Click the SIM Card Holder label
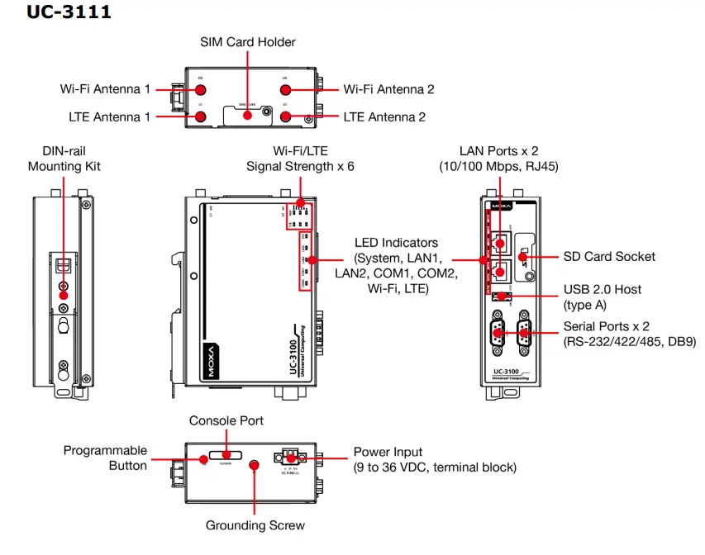click(248, 42)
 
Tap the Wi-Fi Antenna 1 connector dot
click(201, 89)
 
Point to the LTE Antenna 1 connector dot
click(201, 117)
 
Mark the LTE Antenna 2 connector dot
click(286, 117)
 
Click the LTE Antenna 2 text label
click(384, 117)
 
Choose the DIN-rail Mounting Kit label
click(64, 159)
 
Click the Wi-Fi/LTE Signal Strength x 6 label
click(300, 159)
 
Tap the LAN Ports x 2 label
click(498, 159)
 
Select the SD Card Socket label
click(609, 257)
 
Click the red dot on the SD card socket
click(522, 257)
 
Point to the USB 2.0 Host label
click(602, 297)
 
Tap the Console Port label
click(226, 421)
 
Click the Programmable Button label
click(105, 458)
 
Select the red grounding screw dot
click(255, 466)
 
